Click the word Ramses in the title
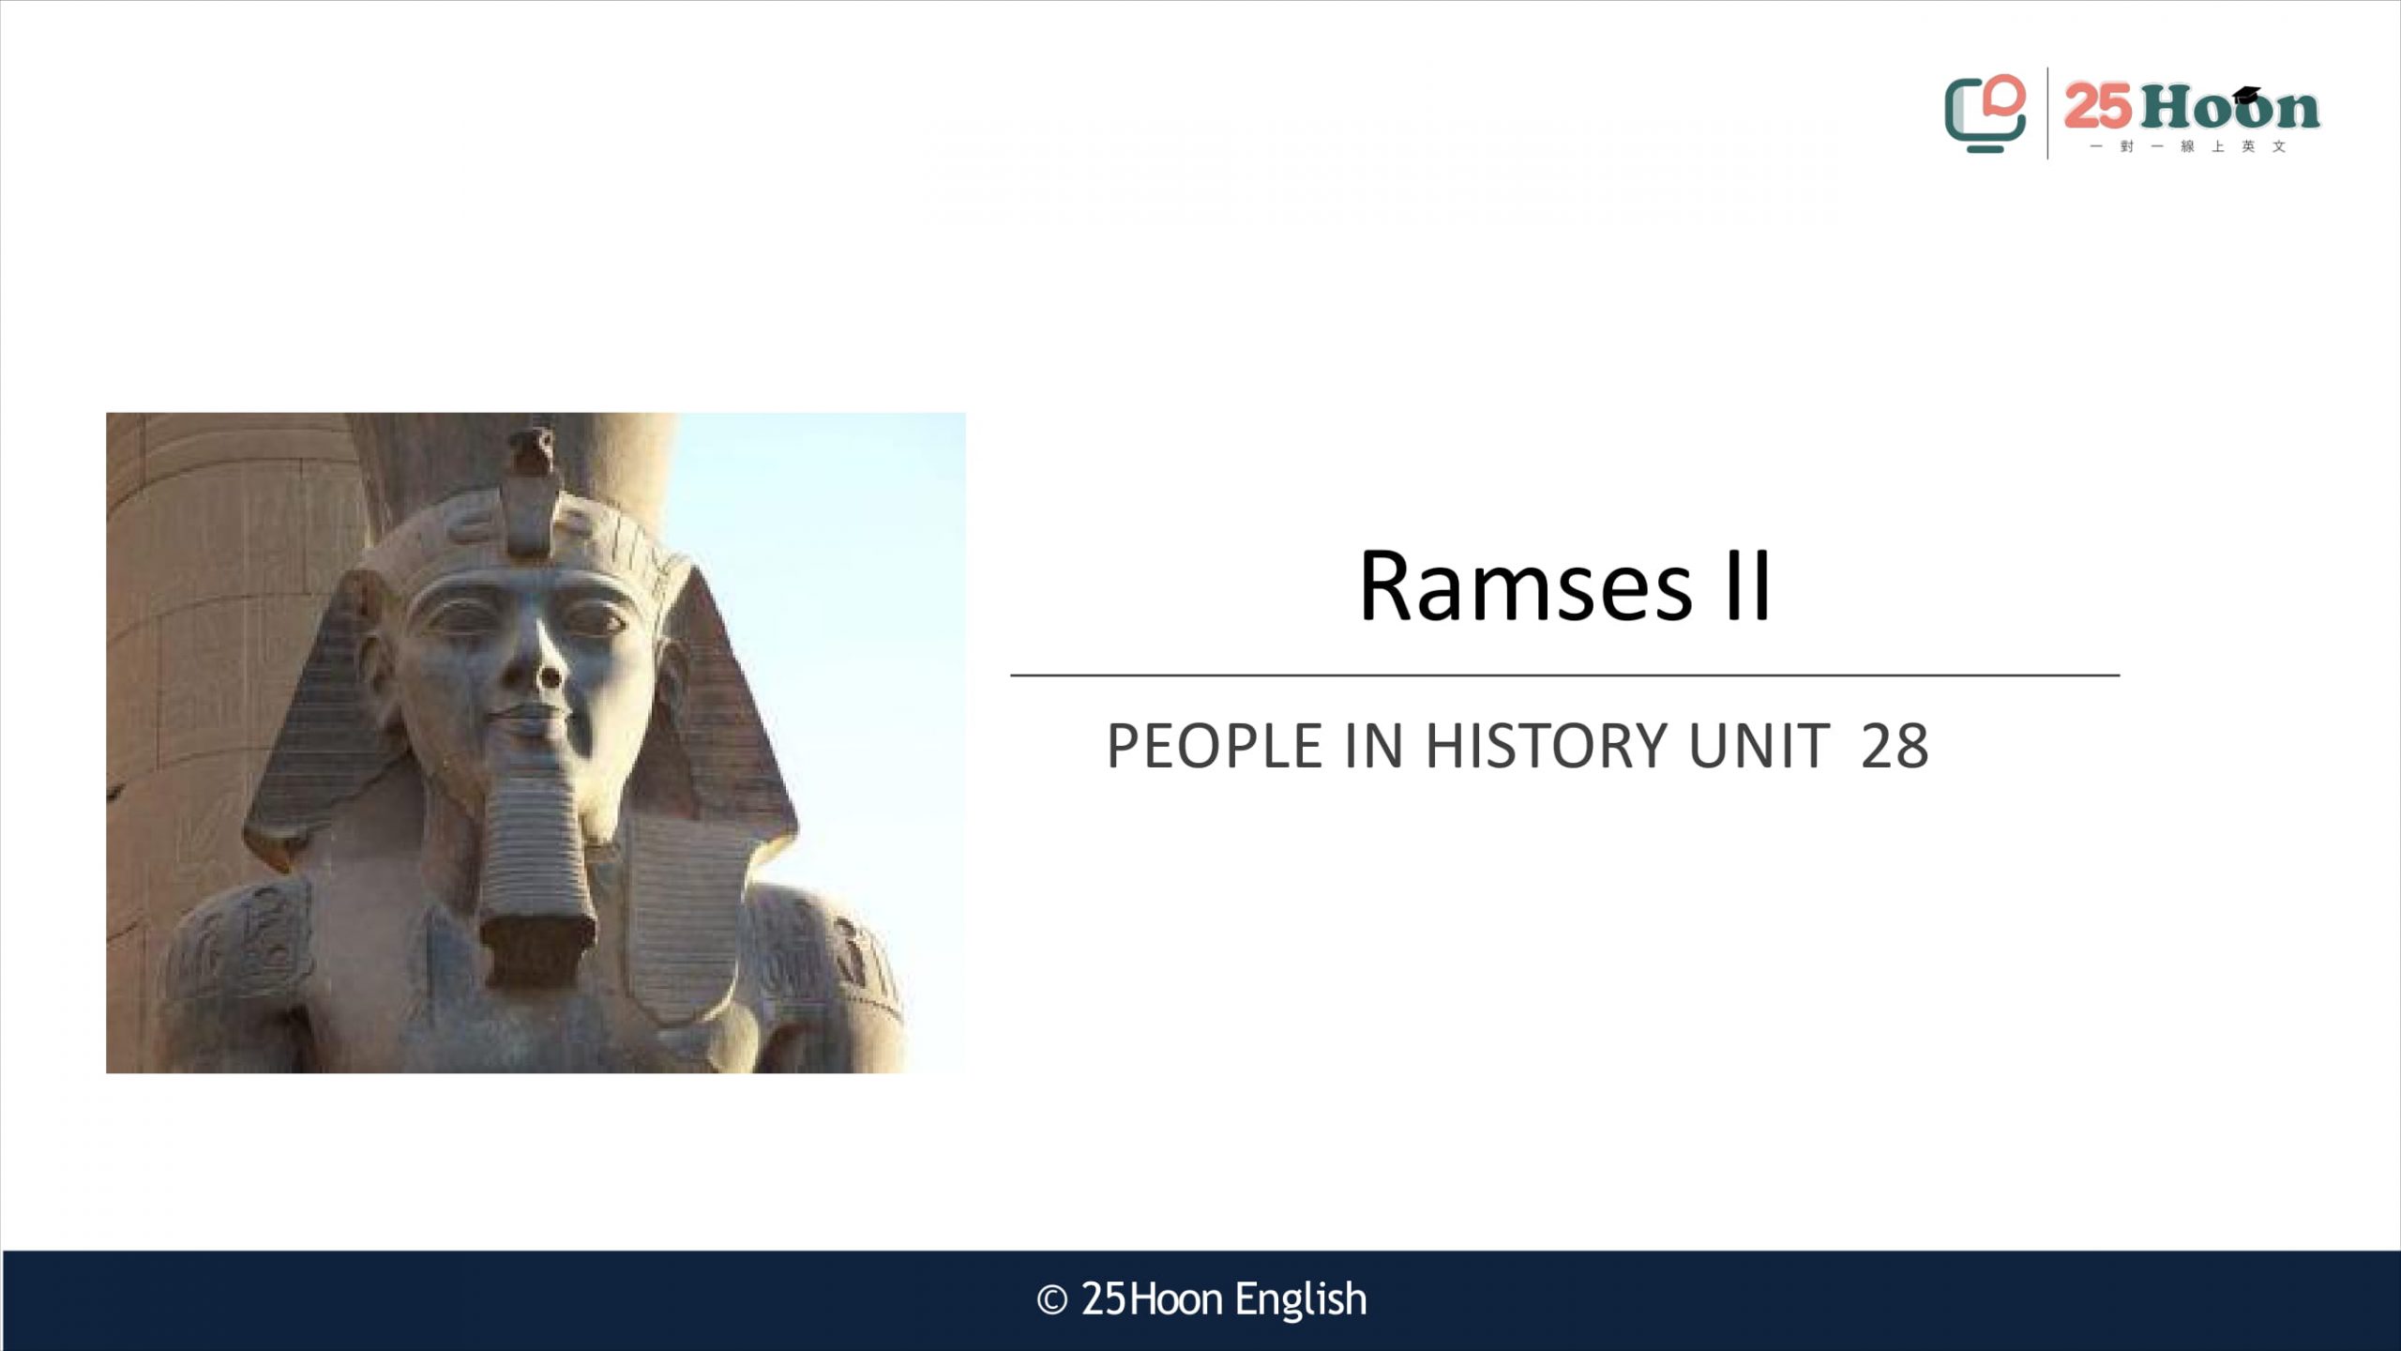1525,586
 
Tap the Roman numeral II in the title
1747,586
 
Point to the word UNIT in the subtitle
1759,747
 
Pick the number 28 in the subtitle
1895,747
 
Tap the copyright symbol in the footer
1052,1300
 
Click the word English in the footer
1301,1301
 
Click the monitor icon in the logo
1985,114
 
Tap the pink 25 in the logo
2098,106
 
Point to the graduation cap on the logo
2247,94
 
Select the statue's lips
531,721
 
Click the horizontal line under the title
1564,675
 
